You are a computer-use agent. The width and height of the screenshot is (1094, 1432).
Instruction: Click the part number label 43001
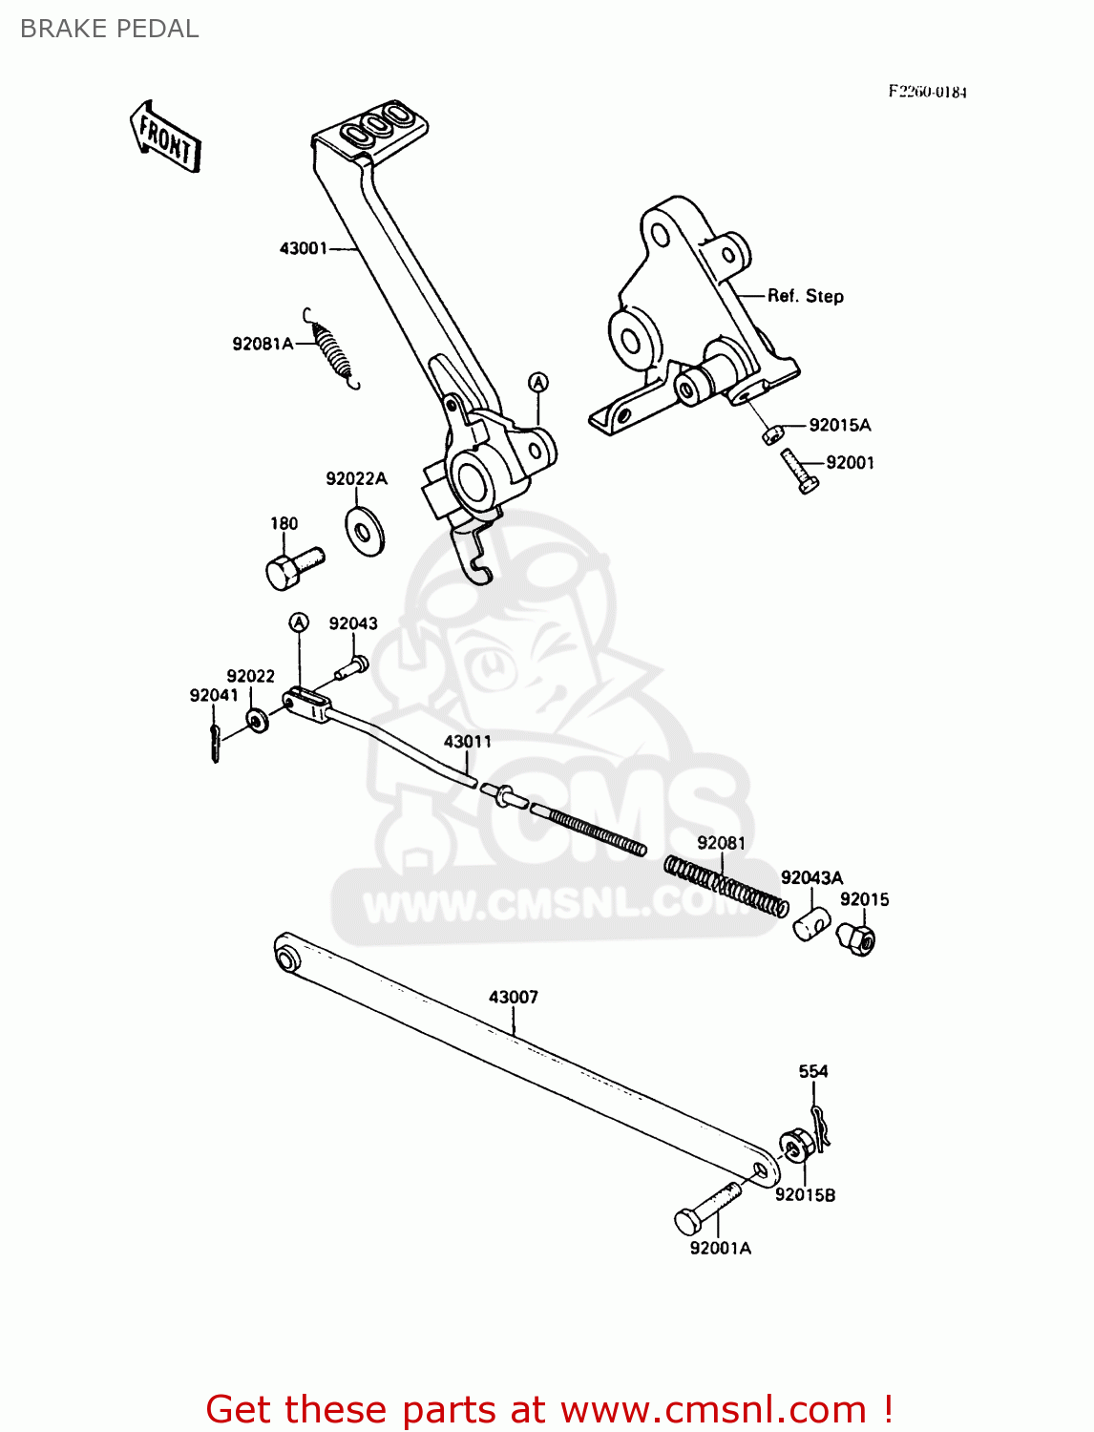pyautogui.click(x=303, y=248)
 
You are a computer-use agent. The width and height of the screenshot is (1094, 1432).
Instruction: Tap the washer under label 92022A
pyautogui.click(x=364, y=531)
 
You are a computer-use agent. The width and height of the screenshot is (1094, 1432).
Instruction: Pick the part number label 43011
pyautogui.click(x=468, y=742)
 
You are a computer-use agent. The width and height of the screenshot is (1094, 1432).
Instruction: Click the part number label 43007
pyautogui.click(x=514, y=997)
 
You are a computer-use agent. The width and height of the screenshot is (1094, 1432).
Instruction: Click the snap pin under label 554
pyautogui.click(x=820, y=1123)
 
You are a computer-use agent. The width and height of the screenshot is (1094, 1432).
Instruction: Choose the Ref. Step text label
pyautogui.click(x=806, y=296)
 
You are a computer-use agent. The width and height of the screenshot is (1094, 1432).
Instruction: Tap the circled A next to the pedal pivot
pyautogui.click(x=538, y=383)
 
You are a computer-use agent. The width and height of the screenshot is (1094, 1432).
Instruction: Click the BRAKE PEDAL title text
pyautogui.click(x=109, y=29)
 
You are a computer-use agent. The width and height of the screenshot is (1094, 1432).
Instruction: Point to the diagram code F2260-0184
pyautogui.click(x=927, y=92)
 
